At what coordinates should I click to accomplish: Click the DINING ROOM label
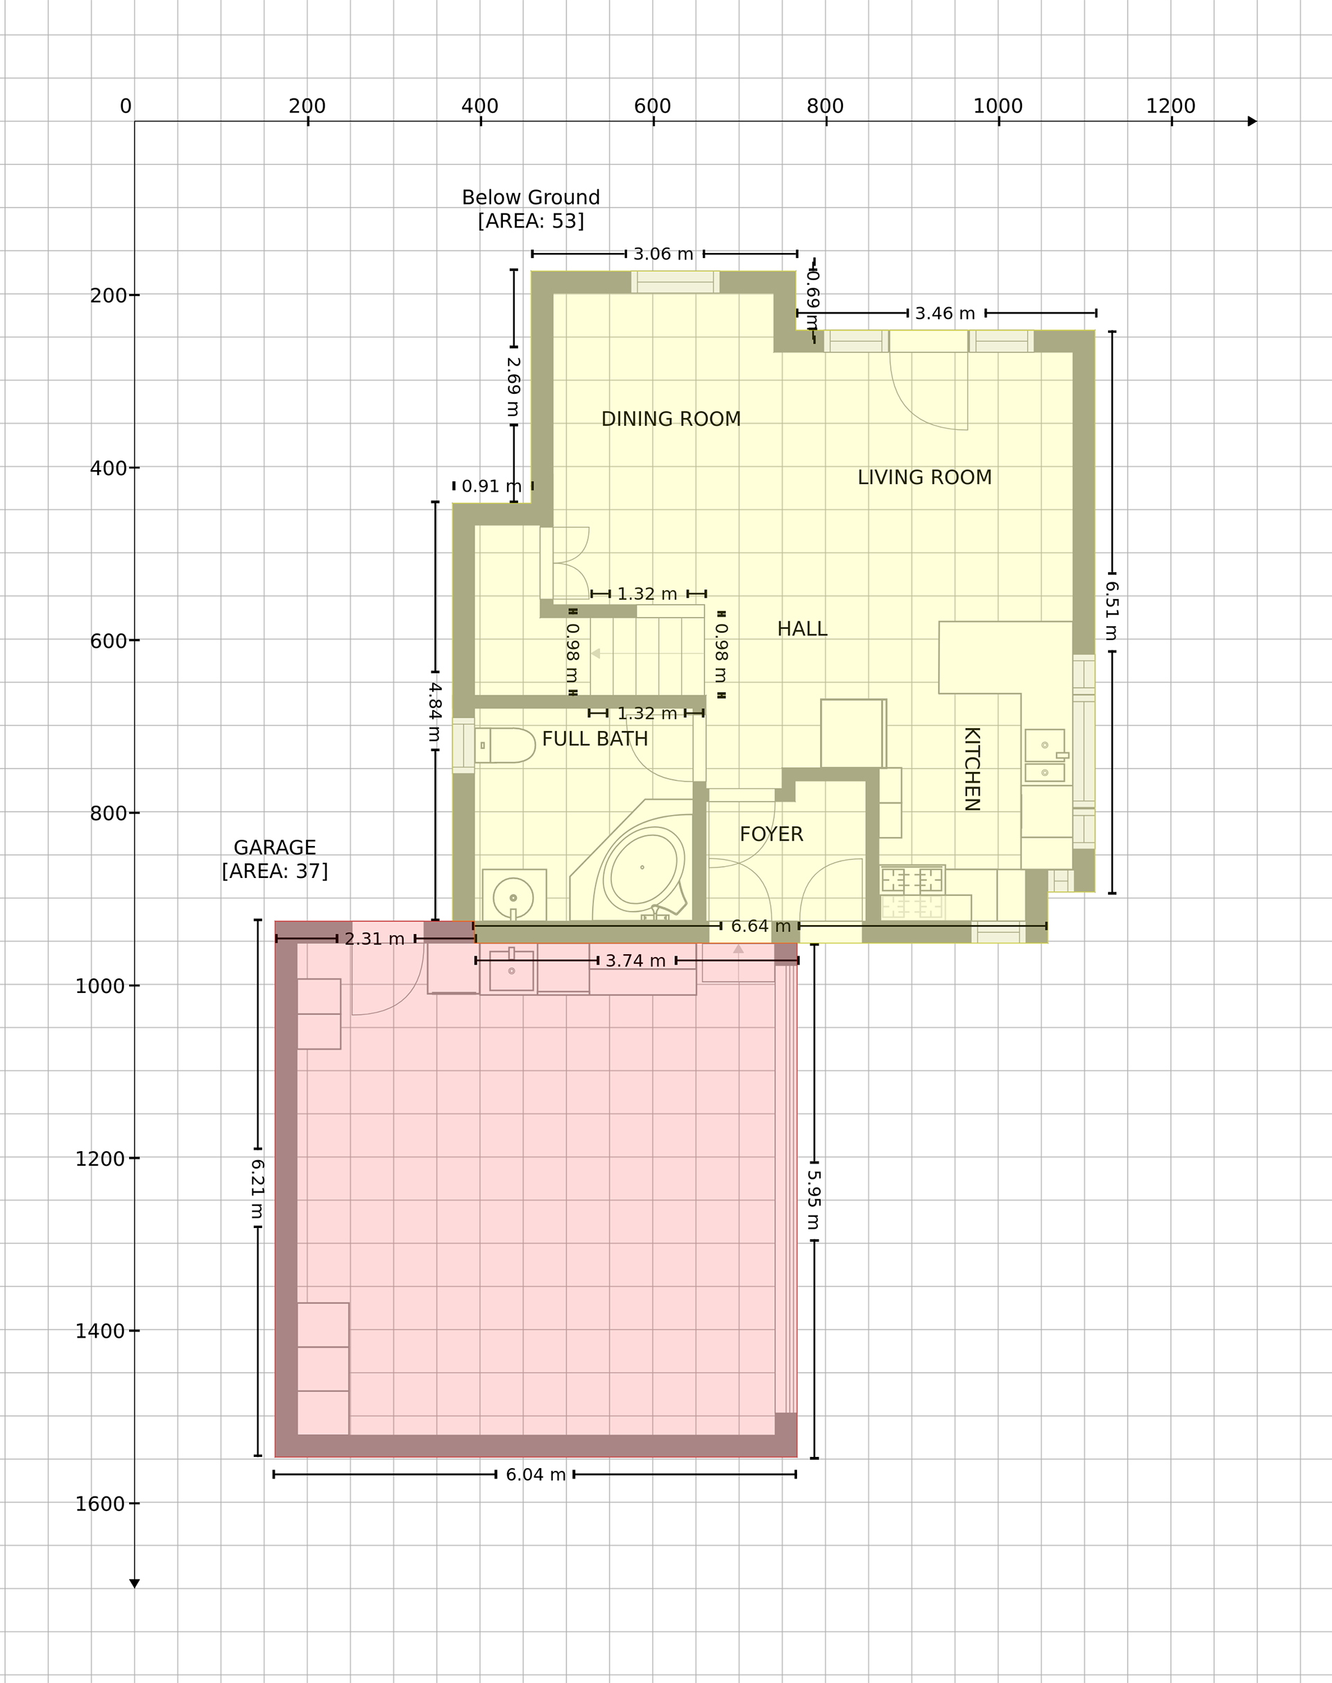tap(671, 420)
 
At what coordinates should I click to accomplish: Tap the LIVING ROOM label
tap(924, 478)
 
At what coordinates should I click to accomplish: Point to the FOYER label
tap(771, 834)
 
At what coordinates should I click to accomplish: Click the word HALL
tap(802, 629)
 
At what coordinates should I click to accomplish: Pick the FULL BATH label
tap(595, 739)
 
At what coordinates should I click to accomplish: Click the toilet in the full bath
tap(504, 745)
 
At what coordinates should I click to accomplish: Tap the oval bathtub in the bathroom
tap(642, 868)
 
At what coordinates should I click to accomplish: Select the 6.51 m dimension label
tap(1112, 612)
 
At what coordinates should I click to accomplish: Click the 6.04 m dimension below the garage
tap(535, 1475)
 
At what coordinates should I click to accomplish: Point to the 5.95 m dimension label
tap(813, 1200)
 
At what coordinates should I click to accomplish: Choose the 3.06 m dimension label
tap(663, 254)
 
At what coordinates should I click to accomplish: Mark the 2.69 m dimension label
tap(513, 387)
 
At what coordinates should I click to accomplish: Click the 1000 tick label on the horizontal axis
tap(998, 106)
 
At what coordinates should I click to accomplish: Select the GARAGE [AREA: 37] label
tap(275, 859)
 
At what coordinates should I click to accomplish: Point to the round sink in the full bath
tap(513, 898)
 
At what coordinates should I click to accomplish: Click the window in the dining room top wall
tap(675, 282)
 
